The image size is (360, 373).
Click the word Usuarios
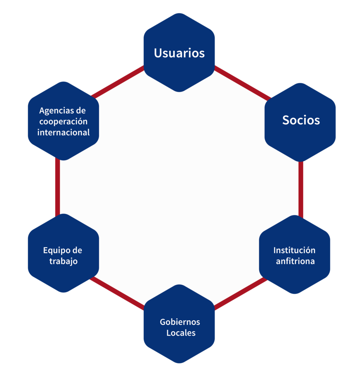pyautogui.click(x=179, y=53)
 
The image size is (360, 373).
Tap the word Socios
pyautogui.click(x=301, y=120)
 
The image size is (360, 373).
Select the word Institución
pyautogui.click(x=294, y=250)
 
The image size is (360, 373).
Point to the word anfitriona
pyautogui.click(x=295, y=262)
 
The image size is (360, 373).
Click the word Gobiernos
pyautogui.click(x=180, y=322)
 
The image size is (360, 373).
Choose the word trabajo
pyautogui.click(x=63, y=262)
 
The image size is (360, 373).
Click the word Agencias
pyautogui.click(x=57, y=111)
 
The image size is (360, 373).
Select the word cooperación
pyautogui.click(x=63, y=121)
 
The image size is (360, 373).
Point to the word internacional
pyautogui.click(x=63, y=133)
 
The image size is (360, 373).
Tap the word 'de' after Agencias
pyautogui.click(x=81, y=111)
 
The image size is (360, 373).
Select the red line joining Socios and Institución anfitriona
pyautogui.click(x=301, y=189)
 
